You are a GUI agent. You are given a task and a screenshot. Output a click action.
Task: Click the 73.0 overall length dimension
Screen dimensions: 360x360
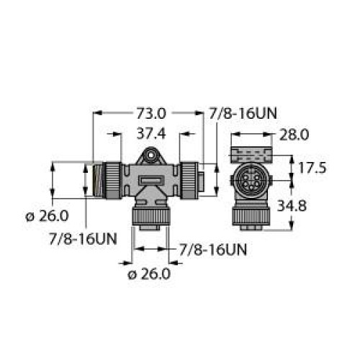pos(151,113)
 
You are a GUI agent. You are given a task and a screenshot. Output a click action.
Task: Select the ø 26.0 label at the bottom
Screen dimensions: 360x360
pos(149,274)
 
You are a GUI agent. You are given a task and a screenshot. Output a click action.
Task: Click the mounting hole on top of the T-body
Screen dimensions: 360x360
pos(150,153)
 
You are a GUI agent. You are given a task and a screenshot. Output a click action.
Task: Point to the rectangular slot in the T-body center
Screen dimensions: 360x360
pos(150,180)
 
